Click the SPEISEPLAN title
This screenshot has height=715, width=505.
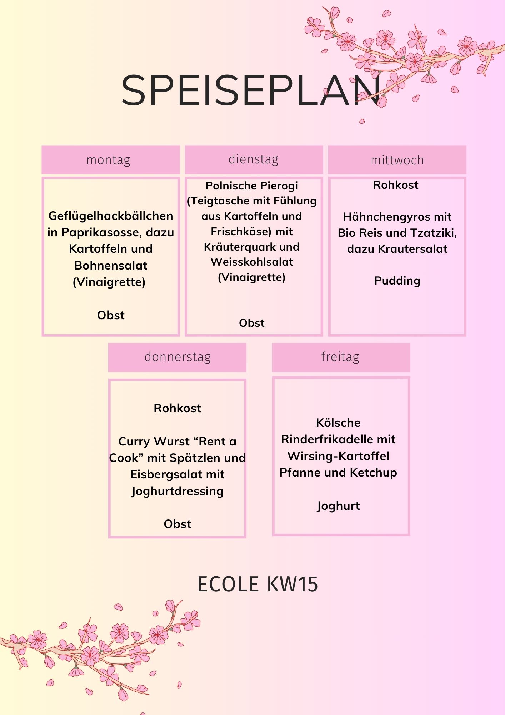click(251, 90)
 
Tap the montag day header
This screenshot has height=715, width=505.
click(109, 160)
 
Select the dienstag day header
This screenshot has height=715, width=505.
click(254, 159)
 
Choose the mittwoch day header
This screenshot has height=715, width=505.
click(397, 160)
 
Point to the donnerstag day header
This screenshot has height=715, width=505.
click(177, 357)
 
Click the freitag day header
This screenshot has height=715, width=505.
click(340, 357)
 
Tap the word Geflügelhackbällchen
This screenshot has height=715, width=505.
click(111, 216)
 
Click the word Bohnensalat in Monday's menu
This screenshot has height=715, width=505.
click(111, 265)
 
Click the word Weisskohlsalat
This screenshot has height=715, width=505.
click(252, 262)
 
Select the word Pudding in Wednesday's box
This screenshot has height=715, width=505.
click(397, 281)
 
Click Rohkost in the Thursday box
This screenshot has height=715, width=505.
click(177, 408)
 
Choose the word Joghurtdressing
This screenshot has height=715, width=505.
click(177, 491)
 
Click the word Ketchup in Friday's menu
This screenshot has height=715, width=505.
click(374, 473)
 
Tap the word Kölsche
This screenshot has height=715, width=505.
click(338, 423)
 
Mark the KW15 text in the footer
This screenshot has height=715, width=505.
click(292, 585)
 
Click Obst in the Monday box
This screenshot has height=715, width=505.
click(111, 315)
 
